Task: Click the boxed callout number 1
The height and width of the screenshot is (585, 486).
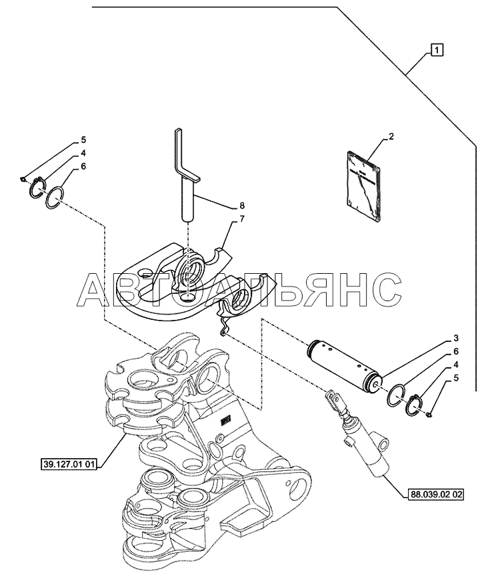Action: (x=437, y=49)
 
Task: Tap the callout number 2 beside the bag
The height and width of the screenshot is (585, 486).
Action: (x=391, y=136)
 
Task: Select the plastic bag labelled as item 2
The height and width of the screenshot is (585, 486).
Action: (x=363, y=186)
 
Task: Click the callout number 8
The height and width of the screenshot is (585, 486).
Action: (x=242, y=205)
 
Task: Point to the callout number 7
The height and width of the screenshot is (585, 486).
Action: (x=242, y=218)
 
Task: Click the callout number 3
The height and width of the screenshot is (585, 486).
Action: (x=456, y=339)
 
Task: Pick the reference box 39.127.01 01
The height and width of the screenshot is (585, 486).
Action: (x=69, y=465)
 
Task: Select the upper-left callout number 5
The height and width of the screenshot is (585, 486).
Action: (x=83, y=140)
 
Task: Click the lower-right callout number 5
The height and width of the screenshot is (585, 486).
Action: (x=456, y=378)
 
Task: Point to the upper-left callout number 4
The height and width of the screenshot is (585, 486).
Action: (x=83, y=153)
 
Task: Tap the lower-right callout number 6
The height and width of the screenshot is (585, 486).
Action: (x=456, y=352)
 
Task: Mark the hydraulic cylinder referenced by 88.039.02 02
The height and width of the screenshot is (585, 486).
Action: (x=359, y=433)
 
